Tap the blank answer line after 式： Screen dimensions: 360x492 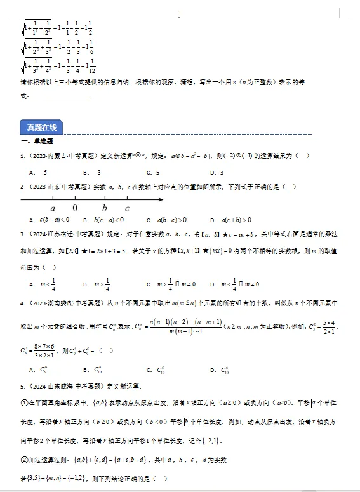pos(62,97)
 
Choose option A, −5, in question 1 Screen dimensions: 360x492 pos(39,172)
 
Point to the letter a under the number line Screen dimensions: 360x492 pos(53,208)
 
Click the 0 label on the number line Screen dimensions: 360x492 pos(75,208)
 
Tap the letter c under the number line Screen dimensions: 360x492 pos(127,208)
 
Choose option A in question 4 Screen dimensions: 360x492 pos(39,369)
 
